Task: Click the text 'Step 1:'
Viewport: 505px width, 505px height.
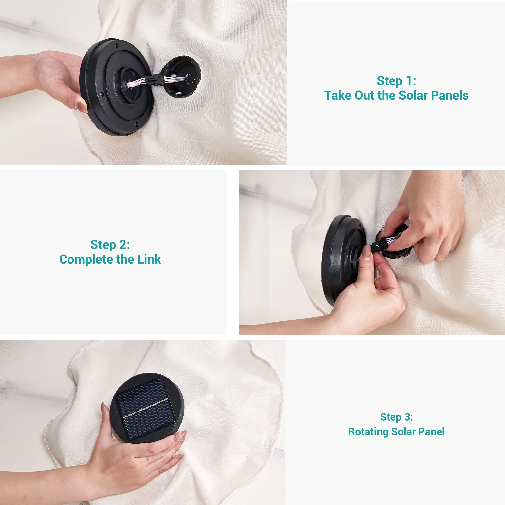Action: pyautogui.click(x=396, y=81)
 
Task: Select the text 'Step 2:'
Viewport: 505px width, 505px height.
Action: pyautogui.click(x=110, y=245)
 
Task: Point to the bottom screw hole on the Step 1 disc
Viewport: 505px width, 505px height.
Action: pyautogui.click(x=137, y=124)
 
